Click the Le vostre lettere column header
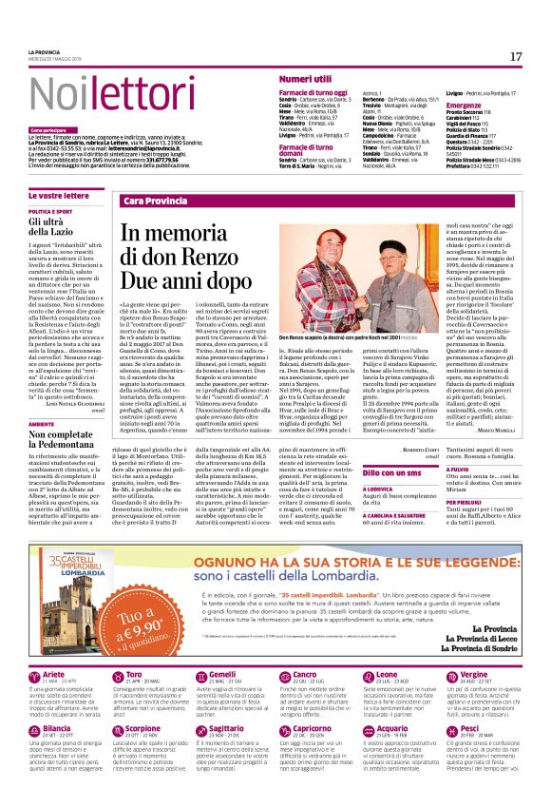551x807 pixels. coord(56,194)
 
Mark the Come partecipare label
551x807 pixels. coord(47,129)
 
